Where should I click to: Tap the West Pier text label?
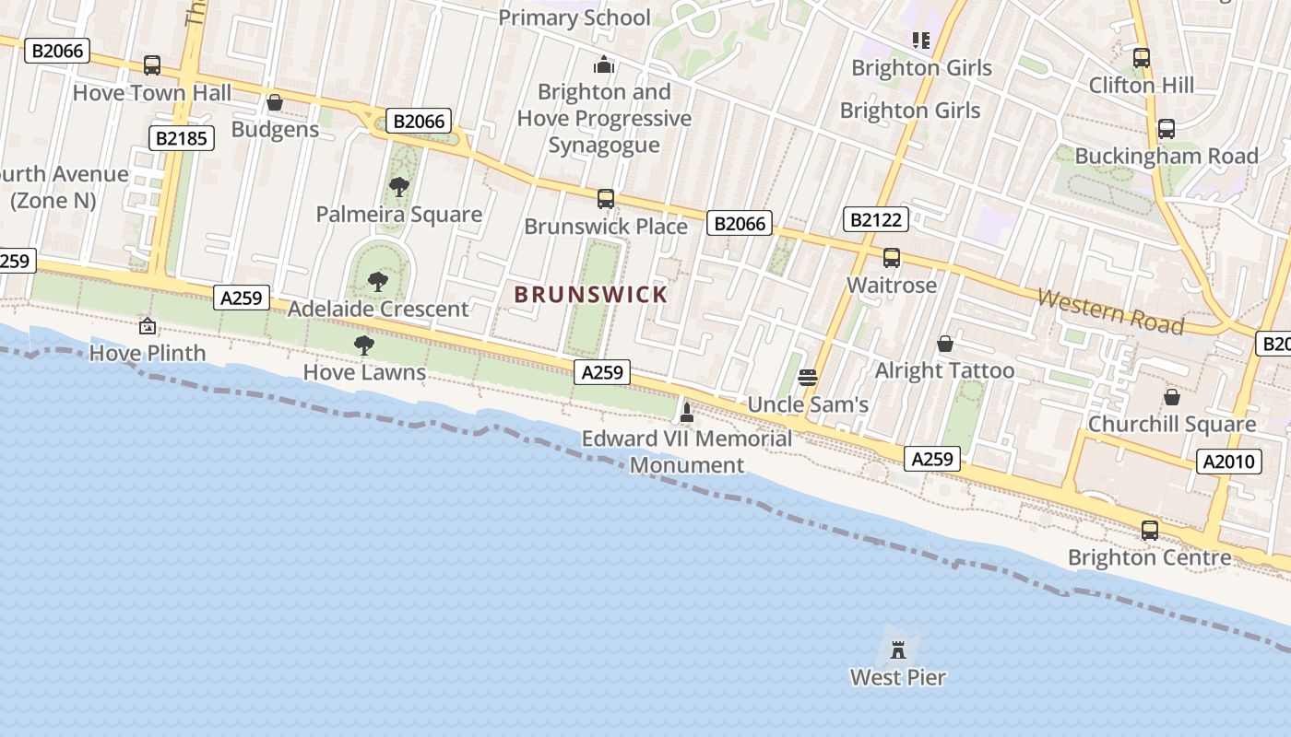(x=897, y=678)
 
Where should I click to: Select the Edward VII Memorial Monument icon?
(x=686, y=411)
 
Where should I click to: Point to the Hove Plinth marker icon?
(x=147, y=325)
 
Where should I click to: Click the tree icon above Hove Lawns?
(x=364, y=345)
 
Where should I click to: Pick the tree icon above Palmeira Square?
(x=398, y=187)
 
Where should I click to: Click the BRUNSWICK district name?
(x=590, y=295)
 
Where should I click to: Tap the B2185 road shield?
(x=182, y=138)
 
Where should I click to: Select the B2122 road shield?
(x=876, y=219)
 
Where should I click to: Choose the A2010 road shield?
(x=1231, y=462)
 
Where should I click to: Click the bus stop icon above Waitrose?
(x=891, y=258)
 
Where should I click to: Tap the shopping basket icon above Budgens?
(x=274, y=102)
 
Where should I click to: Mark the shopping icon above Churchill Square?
(x=1171, y=397)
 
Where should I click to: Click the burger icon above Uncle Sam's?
(x=808, y=377)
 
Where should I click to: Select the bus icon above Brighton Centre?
(x=1149, y=531)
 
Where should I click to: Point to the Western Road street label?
(x=1110, y=310)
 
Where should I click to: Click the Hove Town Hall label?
(x=152, y=93)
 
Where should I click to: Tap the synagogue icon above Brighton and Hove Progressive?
(x=604, y=64)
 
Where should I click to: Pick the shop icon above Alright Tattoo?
(x=944, y=344)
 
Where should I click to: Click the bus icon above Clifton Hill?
(x=1142, y=57)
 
